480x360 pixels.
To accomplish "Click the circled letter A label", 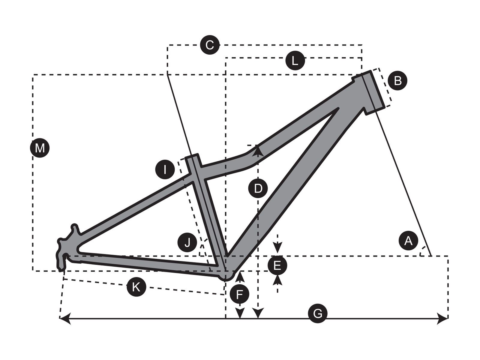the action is point(408,242).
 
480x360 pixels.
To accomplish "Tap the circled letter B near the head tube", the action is point(397,80).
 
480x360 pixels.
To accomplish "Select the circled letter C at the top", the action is point(210,45).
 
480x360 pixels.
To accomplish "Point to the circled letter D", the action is point(258,188).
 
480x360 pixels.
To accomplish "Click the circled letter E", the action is point(277,265).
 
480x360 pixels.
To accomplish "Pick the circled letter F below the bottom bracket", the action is point(239,294).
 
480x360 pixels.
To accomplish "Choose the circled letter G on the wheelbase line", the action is point(317,314).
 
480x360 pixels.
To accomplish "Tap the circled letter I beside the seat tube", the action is point(165,169).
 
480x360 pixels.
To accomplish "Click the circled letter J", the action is point(187,242).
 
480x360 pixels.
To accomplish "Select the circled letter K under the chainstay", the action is point(136,286).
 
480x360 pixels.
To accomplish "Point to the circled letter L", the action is point(295,61).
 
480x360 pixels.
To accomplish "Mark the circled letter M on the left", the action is point(40,148).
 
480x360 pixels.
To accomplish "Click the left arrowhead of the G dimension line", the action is point(65,319).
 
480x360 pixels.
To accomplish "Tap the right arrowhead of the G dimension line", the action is point(442,319).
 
